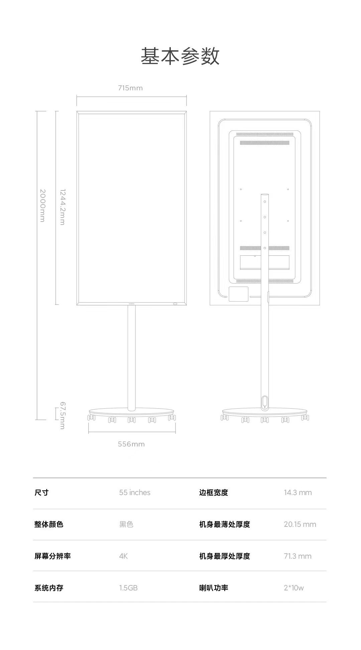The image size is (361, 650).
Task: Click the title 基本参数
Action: pos(180,56)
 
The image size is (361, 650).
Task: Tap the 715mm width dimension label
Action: pos(130,88)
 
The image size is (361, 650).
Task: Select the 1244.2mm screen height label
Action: pos(63,207)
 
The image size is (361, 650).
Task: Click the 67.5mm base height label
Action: pos(63,415)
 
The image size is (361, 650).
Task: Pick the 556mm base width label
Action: pos(131,444)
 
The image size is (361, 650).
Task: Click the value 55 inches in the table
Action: pos(135,492)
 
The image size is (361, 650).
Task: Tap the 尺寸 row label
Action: pos(41,492)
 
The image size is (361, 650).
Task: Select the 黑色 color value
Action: pos(126,524)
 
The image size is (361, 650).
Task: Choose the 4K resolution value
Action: pos(123,556)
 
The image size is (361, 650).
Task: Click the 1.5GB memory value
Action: pos(128,588)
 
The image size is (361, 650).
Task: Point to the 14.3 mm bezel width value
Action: pos(298,492)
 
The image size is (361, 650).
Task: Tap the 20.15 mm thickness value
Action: pos(300,524)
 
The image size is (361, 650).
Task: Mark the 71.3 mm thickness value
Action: pos(298,556)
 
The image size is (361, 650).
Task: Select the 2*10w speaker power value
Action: pos(294,588)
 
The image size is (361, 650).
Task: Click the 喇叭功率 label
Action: pos(214,588)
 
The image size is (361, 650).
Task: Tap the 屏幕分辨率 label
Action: pos(52,556)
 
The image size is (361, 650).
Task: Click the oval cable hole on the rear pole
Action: pos(265,401)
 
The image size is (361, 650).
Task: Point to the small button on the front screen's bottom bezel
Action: pos(175,304)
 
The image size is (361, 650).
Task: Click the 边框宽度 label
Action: pos(214,492)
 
